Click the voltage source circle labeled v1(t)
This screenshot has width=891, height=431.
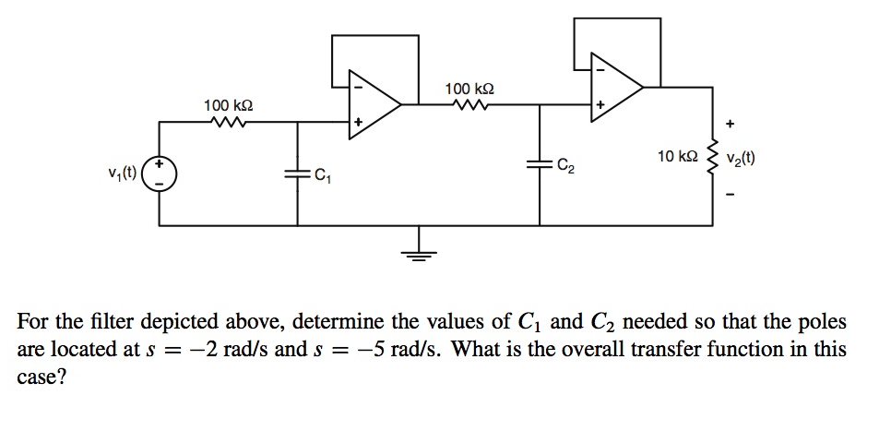[159, 174]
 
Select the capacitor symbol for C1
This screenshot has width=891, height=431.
[298, 173]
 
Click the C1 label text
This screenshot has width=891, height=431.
[321, 174]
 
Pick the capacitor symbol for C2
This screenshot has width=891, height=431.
[540, 163]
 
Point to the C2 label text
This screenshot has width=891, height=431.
[565, 166]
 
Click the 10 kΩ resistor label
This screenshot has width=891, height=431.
[676, 157]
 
